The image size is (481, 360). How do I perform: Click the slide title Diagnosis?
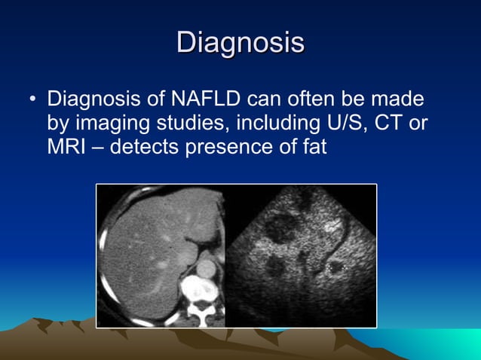[240, 43]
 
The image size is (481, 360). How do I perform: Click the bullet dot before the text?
[32, 100]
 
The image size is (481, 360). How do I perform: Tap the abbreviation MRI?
[66, 147]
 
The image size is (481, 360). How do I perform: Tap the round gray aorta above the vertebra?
[206, 268]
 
